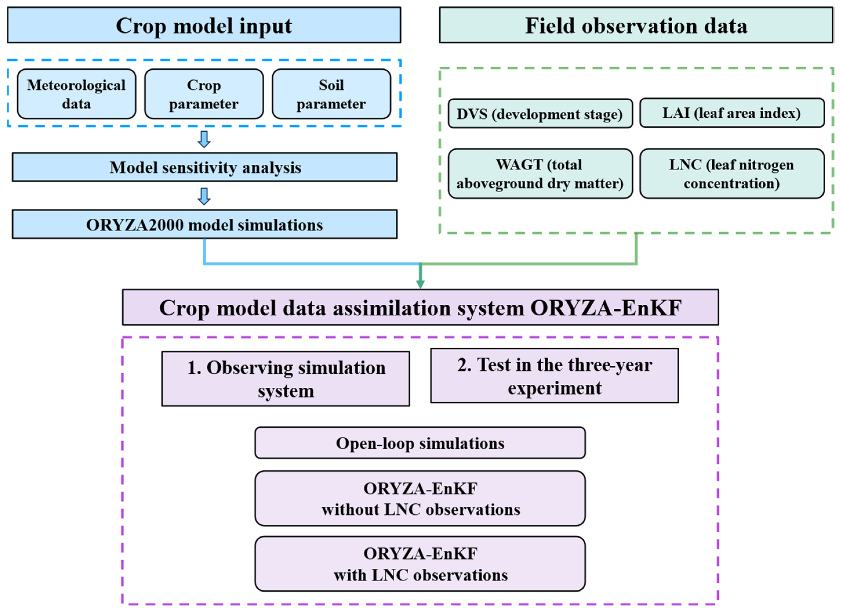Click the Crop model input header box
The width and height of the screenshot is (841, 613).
click(204, 25)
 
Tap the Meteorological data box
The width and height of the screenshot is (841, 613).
click(77, 94)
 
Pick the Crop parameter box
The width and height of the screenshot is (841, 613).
click(204, 94)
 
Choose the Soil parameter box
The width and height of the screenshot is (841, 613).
click(331, 94)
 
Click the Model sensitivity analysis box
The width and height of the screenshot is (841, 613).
click(205, 167)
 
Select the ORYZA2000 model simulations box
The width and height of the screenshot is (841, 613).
click(205, 224)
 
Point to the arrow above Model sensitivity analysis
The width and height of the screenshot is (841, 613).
click(204, 139)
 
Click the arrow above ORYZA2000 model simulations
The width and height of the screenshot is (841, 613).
click(204, 196)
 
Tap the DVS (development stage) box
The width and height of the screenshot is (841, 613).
click(540, 114)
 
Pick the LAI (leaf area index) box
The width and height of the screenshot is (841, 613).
click(732, 113)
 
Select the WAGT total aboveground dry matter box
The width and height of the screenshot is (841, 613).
click(540, 174)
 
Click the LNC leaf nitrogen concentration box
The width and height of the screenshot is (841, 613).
click(732, 174)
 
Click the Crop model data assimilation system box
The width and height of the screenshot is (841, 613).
click(420, 307)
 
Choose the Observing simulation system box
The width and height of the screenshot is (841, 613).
click(285, 379)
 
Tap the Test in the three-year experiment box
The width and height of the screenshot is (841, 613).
click(554, 376)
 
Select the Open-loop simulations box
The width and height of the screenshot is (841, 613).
click(420, 443)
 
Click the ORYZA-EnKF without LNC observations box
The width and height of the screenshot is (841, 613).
click(420, 498)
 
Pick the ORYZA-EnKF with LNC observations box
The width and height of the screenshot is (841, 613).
click(420, 564)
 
